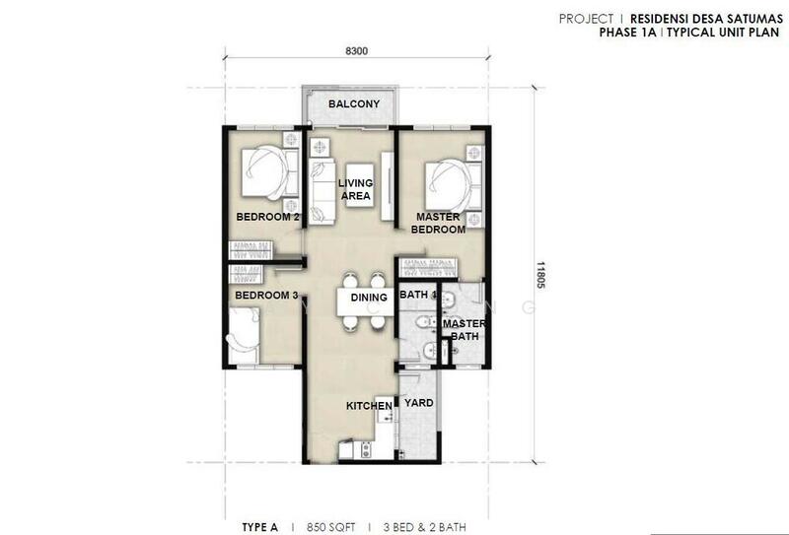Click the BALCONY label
pos(354,104)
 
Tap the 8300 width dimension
pos(356,51)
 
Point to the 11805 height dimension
pos(540,275)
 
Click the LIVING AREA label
pos(356,189)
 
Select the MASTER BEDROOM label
pos(438,224)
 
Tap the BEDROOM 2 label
pos(267,217)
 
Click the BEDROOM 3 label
pos(266,296)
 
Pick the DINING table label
pos(369,298)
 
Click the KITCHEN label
pos(369,406)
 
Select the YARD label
pos(418,403)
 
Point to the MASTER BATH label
pos(464,330)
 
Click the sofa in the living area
pos(322,191)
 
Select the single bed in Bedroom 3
pos(244,335)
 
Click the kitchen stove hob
pos(366,449)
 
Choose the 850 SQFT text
pos(330,527)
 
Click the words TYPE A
pos(259,527)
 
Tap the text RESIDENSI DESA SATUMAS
pos(706,19)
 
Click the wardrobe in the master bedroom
pos(428,268)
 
